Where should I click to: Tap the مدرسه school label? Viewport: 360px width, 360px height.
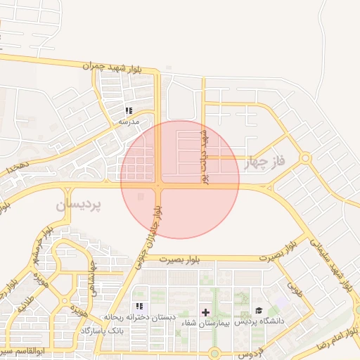pyautogui.click(x=129, y=122)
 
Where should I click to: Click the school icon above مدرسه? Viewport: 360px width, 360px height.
pyautogui.click(x=129, y=110)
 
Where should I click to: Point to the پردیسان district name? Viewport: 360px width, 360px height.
pyautogui.click(x=79, y=205)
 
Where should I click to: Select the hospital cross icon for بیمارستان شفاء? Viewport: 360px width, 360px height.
pyautogui.click(x=205, y=311)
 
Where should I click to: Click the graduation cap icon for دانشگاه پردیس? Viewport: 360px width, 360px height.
pyautogui.click(x=259, y=311)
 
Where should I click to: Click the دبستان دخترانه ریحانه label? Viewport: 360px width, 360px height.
pyautogui.click(x=140, y=317)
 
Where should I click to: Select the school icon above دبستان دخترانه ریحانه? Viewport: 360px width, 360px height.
pyautogui.click(x=140, y=306)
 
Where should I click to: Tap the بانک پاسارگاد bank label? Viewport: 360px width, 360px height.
pyautogui.click(x=102, y=330)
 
